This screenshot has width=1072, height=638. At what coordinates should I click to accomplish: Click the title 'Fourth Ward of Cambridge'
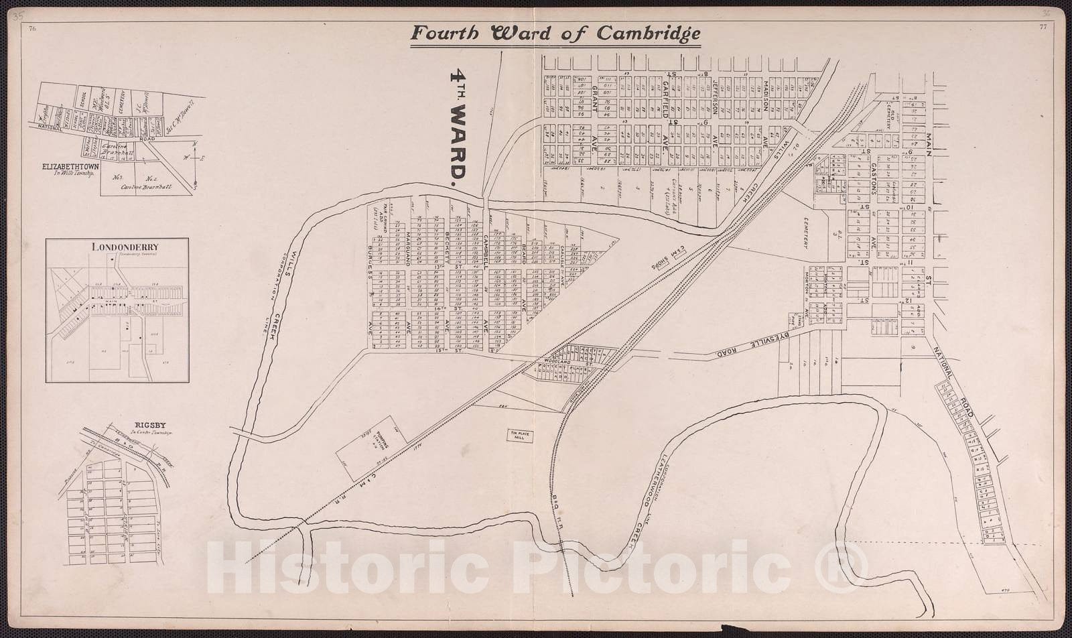pyautogui.click(x=555, y=34)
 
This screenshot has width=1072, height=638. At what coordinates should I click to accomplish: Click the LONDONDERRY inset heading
pyautogui.click(x=117, y=246)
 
